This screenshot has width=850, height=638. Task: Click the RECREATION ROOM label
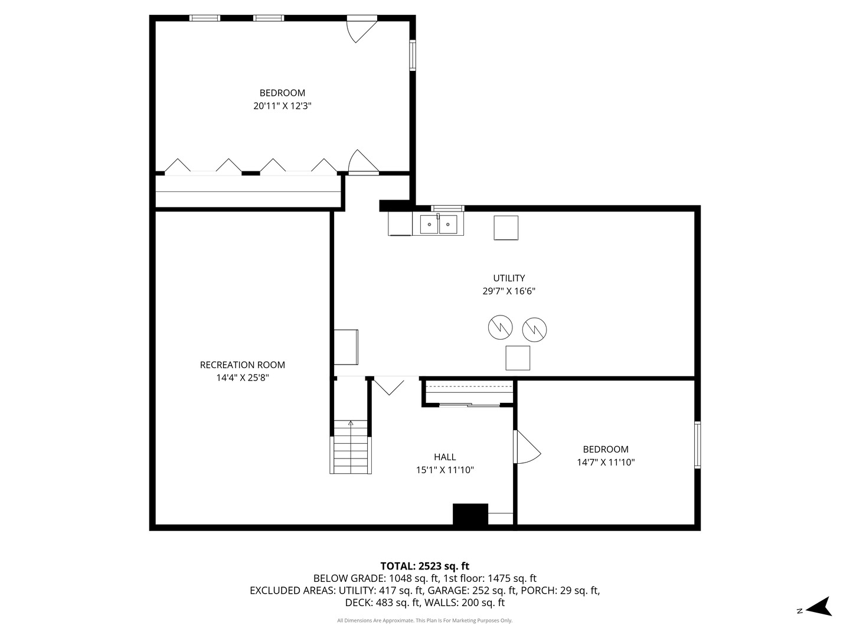[x=243, y=365]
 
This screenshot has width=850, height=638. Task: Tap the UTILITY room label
[x=509, y=278]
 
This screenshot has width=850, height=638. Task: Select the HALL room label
[x=444, y=457]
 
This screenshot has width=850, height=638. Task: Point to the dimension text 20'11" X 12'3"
[x=282, y=106]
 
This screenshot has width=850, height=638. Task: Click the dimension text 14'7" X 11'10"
[x=606, y=463]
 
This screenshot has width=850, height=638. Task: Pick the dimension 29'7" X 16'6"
[x=509, y=291]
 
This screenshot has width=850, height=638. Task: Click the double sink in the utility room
[x=439, y=224]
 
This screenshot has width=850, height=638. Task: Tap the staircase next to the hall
[x=351, y=447]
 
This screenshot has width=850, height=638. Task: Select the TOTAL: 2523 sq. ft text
[x=425, y=566]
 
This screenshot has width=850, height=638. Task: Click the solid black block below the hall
[x=470, y=515]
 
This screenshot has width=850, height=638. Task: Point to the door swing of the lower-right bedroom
[x=528, y=447]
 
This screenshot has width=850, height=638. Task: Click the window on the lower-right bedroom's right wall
[x=698, y=445]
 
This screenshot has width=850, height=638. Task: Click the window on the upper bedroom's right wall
[x=413, y=55]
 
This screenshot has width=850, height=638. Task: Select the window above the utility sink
[x=447, y=209]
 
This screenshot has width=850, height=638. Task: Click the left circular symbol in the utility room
[x=500, y=327]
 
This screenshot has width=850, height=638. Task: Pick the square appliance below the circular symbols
[x=518, y=358]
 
